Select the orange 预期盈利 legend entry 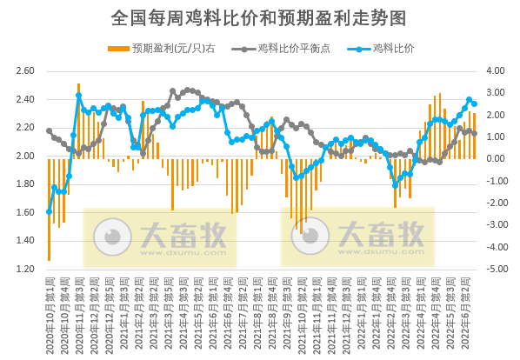point(162,48)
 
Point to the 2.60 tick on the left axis point(25,71)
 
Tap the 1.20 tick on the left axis point(25,270)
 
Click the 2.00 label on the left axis point(25,157)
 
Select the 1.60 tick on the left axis point(25,213)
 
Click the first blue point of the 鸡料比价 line point(49,211)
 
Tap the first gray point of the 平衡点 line point(49,130)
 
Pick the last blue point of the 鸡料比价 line point(474,103)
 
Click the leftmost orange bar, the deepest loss point(49,209)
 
